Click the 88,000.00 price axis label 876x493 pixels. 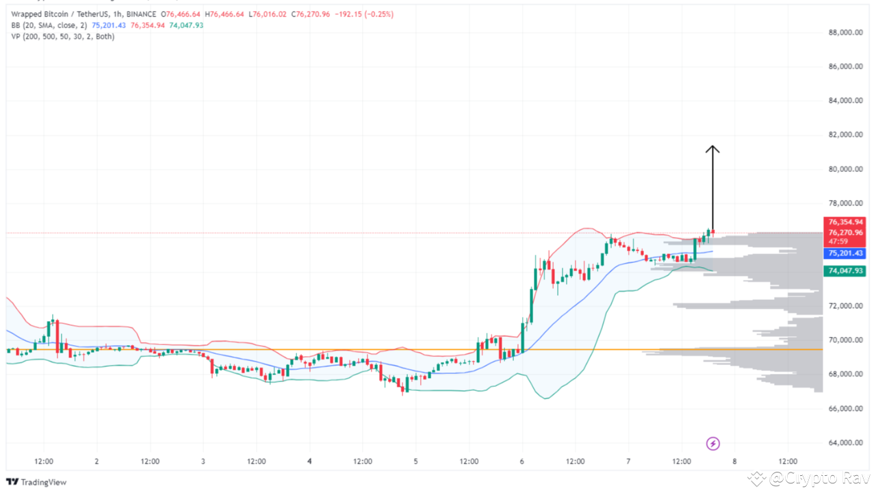click(845, 32)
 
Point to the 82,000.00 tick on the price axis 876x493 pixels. click(845, 135)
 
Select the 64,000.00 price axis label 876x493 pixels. click(845, 442)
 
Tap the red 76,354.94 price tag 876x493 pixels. click(845, 222)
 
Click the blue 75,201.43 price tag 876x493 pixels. click(845, 253)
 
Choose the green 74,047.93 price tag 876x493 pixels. click(845, 271)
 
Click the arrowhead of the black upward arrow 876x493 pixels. click(712, 149)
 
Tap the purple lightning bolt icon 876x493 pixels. click(712, 444)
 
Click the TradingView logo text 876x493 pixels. click(43, 482)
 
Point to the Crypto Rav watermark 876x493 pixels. click(819, 477)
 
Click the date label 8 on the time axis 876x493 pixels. click(734, 462)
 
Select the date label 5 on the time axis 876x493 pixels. click(415, 462)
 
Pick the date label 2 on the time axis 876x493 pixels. click(96, 462)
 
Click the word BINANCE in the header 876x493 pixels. click(144, 14)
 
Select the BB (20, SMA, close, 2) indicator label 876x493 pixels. click(48, 25)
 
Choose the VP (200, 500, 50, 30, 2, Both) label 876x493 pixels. click(62, 36)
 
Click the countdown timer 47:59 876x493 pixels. click(837, 242)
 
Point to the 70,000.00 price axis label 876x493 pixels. click(845, 340)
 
